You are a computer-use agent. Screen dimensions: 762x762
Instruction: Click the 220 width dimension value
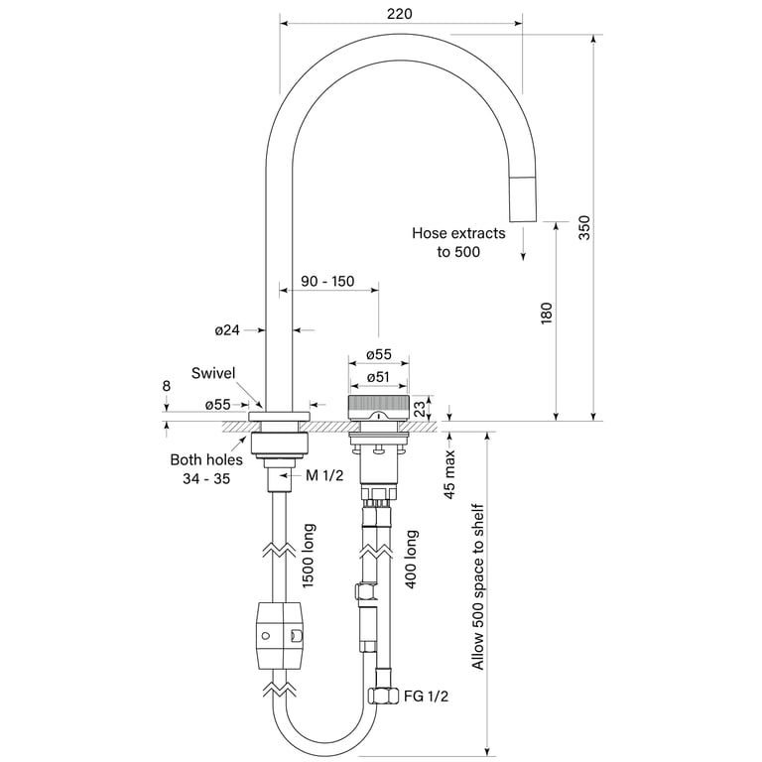pos(400,14)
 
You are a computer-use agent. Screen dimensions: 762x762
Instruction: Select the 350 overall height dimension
pos(584,227)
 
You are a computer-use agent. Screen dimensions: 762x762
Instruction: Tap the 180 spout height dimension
pos(547,313)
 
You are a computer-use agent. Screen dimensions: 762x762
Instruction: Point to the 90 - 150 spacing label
pos(327,281)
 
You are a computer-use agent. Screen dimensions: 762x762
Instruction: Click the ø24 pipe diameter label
pos(227,330)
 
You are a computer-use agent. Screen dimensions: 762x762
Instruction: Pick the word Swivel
pos(213,373)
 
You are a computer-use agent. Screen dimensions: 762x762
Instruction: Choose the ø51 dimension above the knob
pos(378,377)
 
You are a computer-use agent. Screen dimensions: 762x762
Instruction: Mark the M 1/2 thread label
pos(324,475)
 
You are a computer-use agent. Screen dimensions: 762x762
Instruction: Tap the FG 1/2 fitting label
pos(426,697)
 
